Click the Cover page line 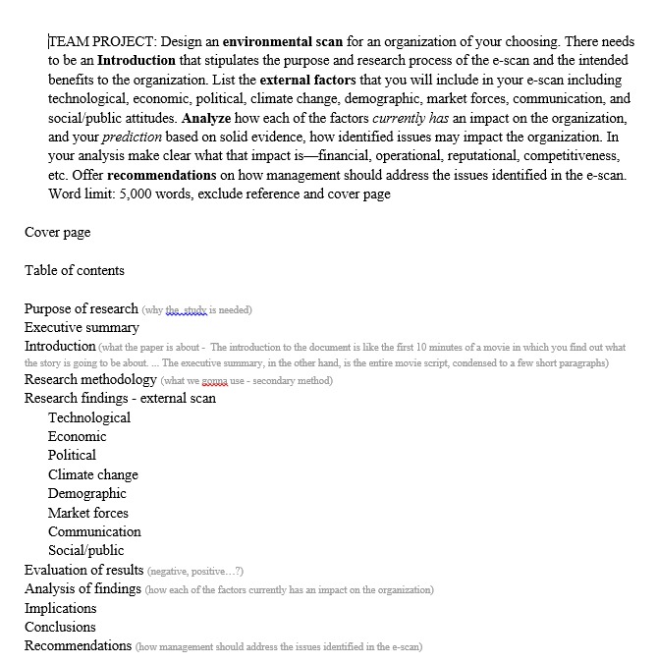pos(57,232)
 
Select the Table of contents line pos(75,270)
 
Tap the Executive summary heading pos(82,327)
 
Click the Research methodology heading pos(90,379)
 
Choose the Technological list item pos(89,417)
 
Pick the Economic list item pos(78,436)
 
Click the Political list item pos(72,455)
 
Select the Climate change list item pos(93,474)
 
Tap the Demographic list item pos(87,493)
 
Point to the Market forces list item pos(88,513)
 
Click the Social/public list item pos(86,550)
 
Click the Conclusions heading pos(60,627)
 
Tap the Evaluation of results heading pos(84,570)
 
